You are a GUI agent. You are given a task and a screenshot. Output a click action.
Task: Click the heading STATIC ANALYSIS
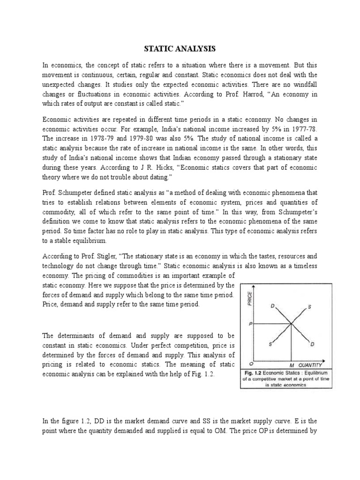pos(180,48)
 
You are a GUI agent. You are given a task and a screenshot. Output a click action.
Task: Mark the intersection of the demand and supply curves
pos(292,323)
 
